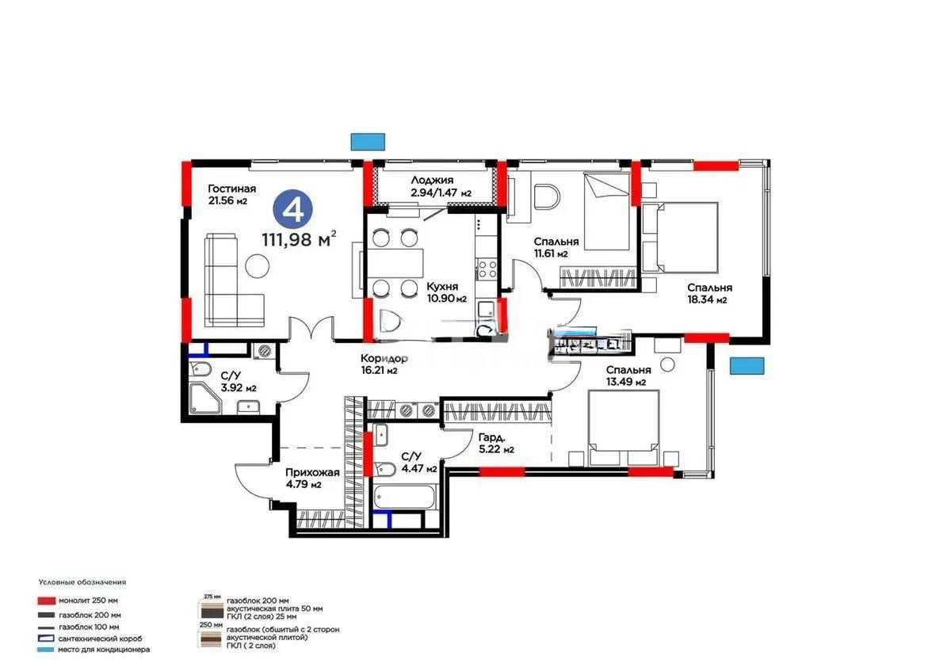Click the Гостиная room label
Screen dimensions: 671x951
tap(231, 189)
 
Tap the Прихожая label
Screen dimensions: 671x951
tap(313, 472)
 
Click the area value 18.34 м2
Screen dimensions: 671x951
tap(707, 300)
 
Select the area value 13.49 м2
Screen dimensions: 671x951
tap(626, 383)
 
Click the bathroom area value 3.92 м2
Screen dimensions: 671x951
tap(239, 388)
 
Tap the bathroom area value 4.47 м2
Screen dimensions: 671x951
tap(419, 468)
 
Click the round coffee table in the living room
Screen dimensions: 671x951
tap(257, 266)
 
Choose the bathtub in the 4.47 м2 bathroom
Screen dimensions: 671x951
tap(403, 498)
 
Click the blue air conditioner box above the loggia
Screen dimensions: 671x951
tap(369, 141)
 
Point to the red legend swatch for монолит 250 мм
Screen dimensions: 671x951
tap(46, 601)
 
